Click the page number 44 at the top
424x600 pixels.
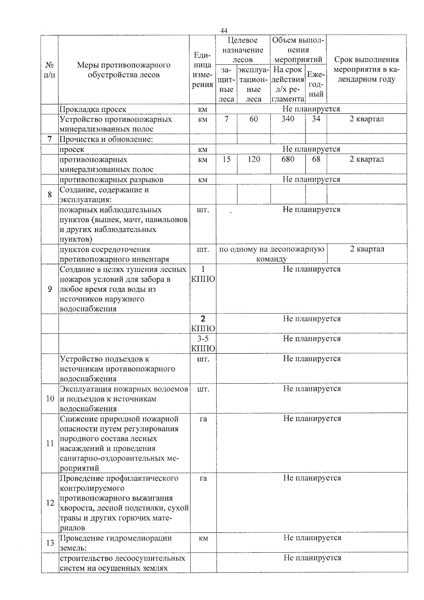(224, 31)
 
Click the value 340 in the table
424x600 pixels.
(288, 119)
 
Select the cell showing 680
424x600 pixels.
(288, 159)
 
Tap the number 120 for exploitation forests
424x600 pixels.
(254, 159)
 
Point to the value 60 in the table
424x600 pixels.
(254, 119)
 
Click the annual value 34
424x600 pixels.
(316, 119)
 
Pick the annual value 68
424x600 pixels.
(316, 159)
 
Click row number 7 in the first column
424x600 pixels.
(50, 139)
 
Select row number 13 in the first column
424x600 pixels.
(50, 543)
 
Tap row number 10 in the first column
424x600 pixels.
(50, 399)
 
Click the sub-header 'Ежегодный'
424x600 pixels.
(316, 84)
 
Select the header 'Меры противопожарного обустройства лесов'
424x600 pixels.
(124, 70)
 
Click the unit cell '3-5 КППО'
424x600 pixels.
(203, 344)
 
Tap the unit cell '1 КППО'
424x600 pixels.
(203, 274)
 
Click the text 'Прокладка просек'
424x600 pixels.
(93, 110)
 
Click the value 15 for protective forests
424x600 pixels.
(226, 159)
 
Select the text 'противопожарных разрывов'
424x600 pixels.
(111, 180)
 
